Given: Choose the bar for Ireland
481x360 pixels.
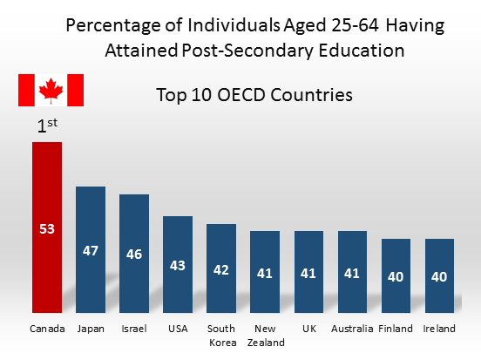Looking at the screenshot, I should click(x=439, y=296).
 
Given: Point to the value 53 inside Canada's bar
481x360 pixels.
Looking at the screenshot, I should click(x=47, y=229).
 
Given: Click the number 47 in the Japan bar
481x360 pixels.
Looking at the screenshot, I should click(x=91, y=250).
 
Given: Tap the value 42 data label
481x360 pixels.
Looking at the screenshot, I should click(x=221, y=269).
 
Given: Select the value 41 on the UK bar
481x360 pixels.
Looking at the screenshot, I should click(x=308, y=273).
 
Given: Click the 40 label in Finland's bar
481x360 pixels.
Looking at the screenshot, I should click(x=396, y=276).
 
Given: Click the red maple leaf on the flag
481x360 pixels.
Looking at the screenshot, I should click(x=51, y=90).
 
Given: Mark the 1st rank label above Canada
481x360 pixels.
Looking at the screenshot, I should click(x=47, y=126).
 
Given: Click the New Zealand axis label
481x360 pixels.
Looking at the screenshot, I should click(x=265, y=336).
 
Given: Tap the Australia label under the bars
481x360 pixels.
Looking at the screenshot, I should click(x=352, y=329).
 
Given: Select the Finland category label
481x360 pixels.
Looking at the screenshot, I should click(x=396, y=329).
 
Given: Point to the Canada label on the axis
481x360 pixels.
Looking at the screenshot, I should click(x=47, y=329).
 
